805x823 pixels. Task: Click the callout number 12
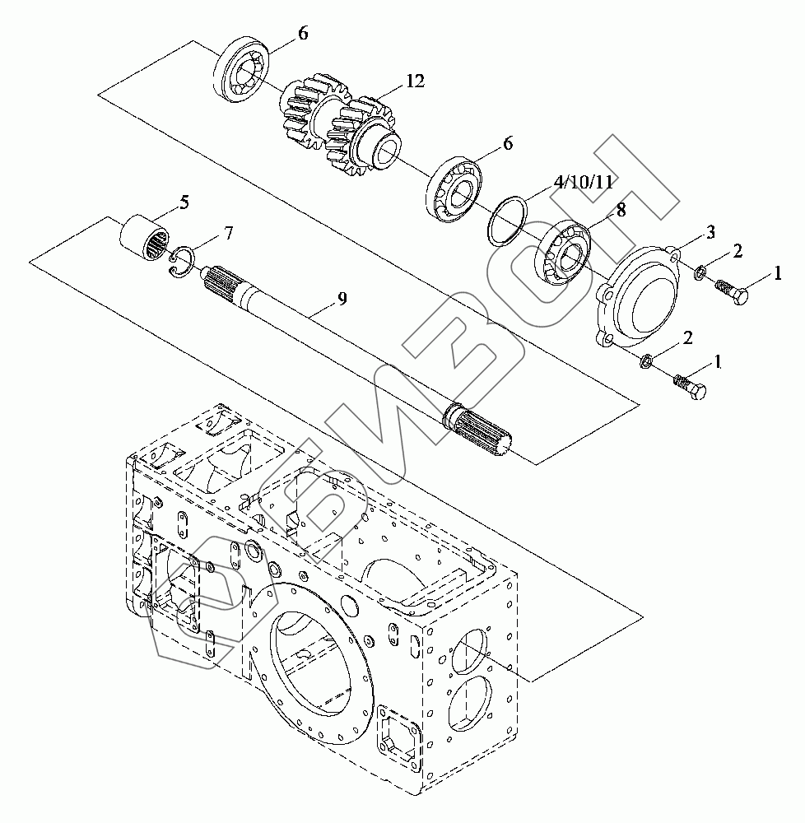(x=414, y=81)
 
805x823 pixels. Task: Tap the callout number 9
(x=342, y=298)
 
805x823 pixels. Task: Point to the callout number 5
(x=184, y=202)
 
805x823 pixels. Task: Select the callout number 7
(x=227, y=234)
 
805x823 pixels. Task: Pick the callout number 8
(x=620, y=211)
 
